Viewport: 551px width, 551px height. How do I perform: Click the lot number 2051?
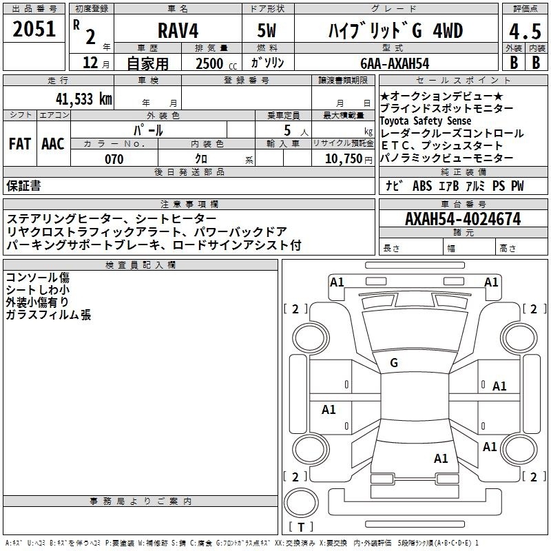tap(34, 29)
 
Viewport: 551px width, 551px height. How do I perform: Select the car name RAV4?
tap(178, 30)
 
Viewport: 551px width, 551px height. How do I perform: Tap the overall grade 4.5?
tap(525, 31)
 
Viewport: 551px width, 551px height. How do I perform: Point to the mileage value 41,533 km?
tap(83, 98)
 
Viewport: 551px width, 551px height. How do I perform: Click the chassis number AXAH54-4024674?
tap(463, 219)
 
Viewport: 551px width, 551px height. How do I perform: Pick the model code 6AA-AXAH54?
tap(395, 63)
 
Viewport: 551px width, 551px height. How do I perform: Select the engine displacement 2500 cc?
tap(216, 63)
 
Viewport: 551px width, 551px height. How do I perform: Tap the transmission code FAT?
tap(20, 144)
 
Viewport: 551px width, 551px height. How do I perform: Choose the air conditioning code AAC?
tap(53, 144)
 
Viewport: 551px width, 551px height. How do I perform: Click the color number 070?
tap(114, 159)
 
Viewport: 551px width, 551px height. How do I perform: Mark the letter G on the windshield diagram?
tap(394, 363)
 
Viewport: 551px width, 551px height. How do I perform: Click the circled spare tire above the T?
tap(301, 503)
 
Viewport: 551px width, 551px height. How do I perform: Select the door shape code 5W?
tap(267, 30)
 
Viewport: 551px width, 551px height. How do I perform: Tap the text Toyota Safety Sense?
tap(425, 121)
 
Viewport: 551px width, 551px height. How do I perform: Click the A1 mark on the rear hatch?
tap(441, 459)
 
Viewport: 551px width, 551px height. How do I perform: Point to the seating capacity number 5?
tap(287, 130)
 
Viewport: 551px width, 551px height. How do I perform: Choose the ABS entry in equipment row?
tap(422, 186)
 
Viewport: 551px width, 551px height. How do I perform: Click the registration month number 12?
tap(90, 63)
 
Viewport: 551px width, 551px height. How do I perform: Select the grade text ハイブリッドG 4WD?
tap(395, 30)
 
